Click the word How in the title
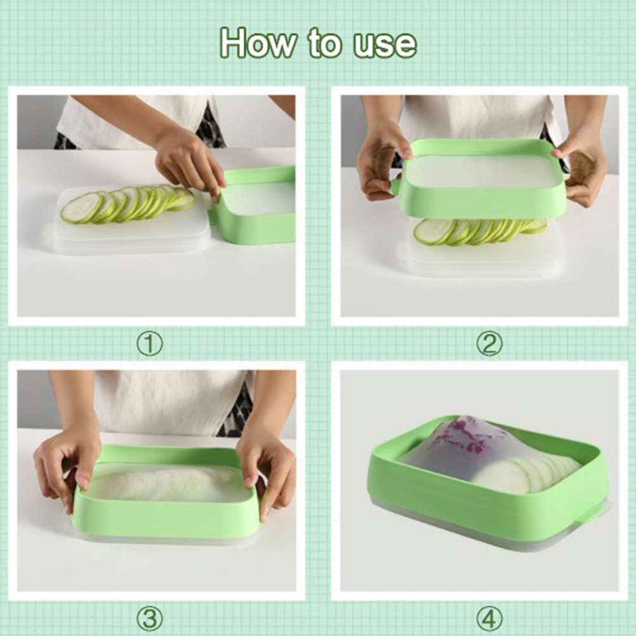coord(258,43)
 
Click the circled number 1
coord(150,344)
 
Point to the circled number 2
coord(489,344)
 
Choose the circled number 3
coord(150,619)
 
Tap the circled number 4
coord(489,619)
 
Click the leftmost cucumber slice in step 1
coord(82,208)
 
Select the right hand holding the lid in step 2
coord(580,170)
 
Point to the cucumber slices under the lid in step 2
coord(479,232)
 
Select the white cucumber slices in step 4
coord(527,472)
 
